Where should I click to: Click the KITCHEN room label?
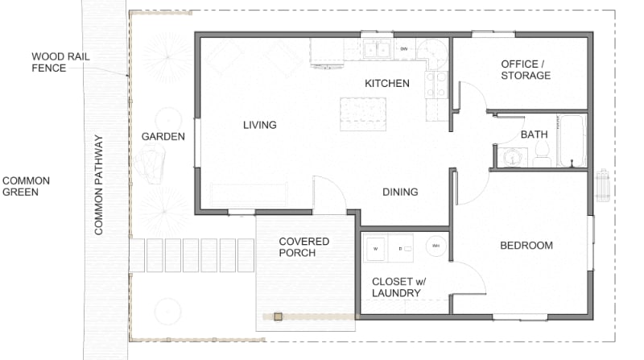coord(387,83)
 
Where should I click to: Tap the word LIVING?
coord(260,125)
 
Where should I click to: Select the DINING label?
coord(400,192)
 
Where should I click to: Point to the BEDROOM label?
coord(526,246)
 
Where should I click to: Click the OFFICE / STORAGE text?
coord(526,69)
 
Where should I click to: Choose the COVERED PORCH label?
coord(303,247)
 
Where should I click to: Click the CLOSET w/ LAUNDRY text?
coord(396,287)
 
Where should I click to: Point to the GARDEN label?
coord(163,136)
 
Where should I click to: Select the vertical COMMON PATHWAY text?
coord(99,184)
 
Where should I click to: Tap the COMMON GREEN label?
coord(26,187)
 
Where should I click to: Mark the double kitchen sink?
coord(376,49)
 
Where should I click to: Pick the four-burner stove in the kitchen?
coord(436,85)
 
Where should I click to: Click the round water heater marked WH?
coord(436,246)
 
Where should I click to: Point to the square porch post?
coord(278,317)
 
